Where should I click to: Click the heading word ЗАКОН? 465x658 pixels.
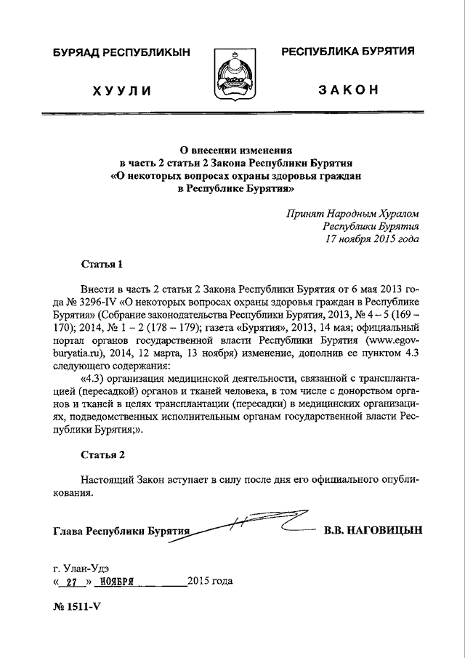[x=348, y=89]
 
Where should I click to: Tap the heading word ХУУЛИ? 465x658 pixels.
[x=121, y=90]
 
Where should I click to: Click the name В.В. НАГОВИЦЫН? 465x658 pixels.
[x=372, y=530]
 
